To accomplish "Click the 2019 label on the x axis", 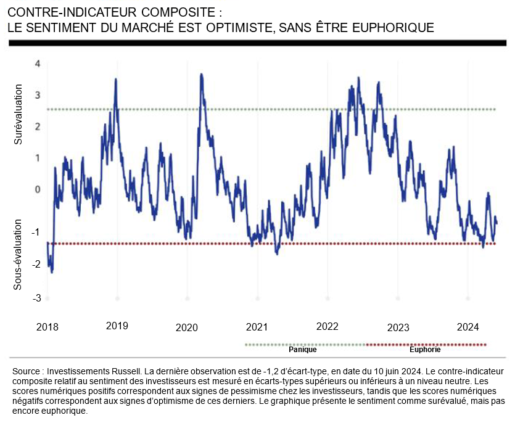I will (x=117, y=325).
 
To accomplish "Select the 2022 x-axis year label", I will (x=326, y=325).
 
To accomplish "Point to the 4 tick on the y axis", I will (x=38, y=64).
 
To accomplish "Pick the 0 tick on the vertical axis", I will (x=38, y=189).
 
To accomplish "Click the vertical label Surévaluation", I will (x=19, y=116).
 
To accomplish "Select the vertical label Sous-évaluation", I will (x=19, y=254).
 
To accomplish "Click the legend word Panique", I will (x=303, y=350).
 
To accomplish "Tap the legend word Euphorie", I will (x=425, y=350).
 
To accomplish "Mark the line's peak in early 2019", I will (x=116, y=80).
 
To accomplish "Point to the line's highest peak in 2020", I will (x=201, y=75).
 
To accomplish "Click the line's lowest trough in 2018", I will (x=51, y=271).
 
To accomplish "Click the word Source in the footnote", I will (x=26, y=372).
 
